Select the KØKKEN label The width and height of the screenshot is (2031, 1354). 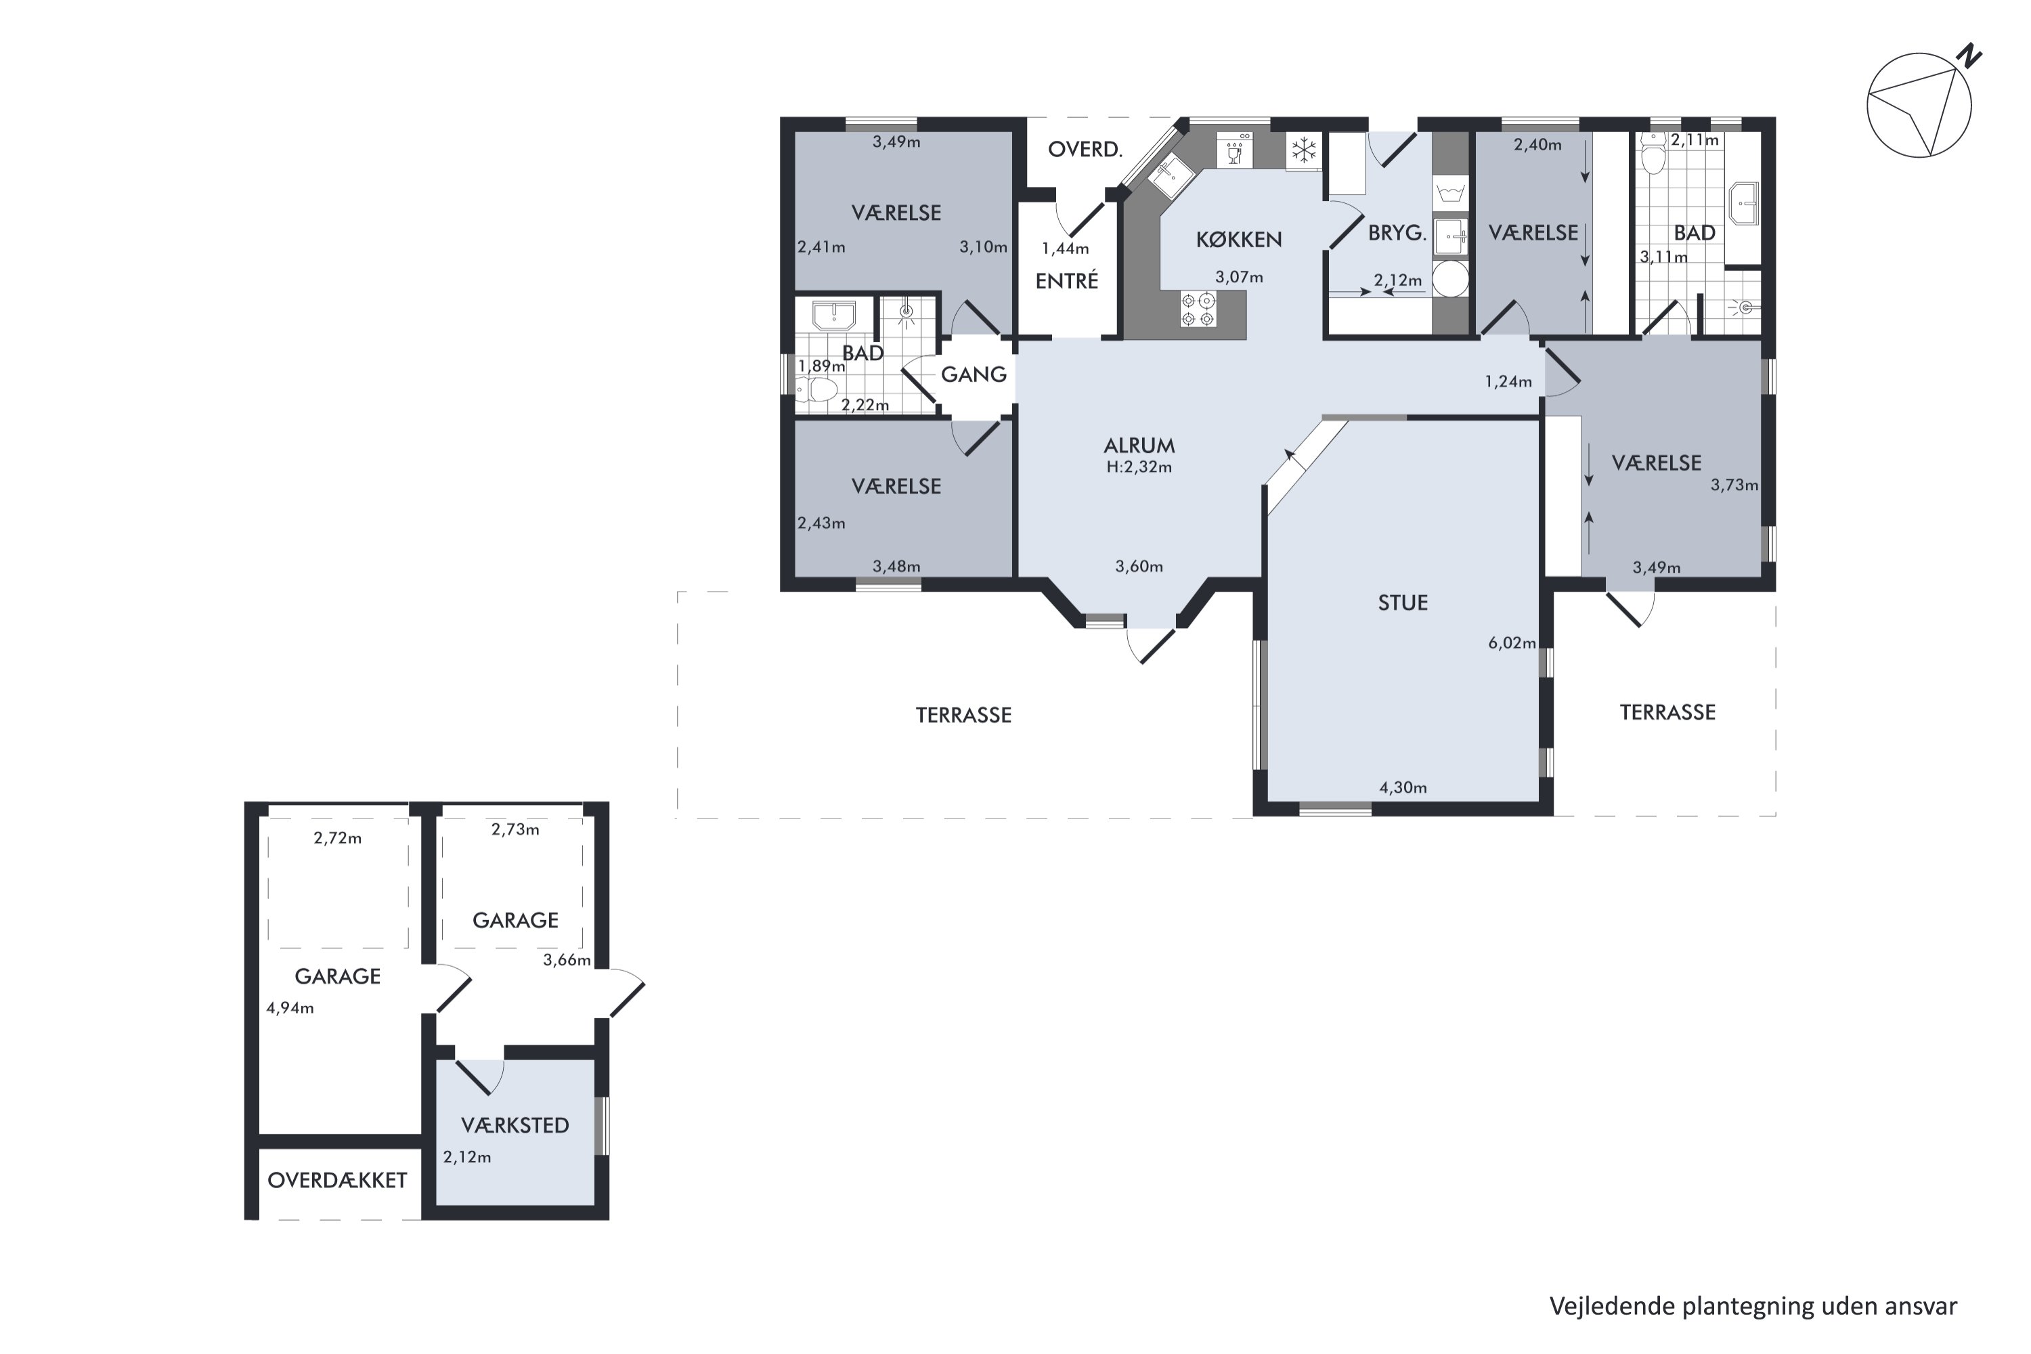tap(1238, 239)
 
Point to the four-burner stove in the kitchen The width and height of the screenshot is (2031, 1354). tap(1198, 309)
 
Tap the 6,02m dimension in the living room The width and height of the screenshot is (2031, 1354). tap(1512, 642)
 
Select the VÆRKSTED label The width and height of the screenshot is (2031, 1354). tap(515, 1125)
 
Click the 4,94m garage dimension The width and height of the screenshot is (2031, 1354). tap(290, 1008)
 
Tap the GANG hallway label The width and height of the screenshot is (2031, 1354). tap(974, 374)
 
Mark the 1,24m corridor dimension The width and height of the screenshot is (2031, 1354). tap(1508, 382)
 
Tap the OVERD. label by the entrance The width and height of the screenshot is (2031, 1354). tap(1085, 150)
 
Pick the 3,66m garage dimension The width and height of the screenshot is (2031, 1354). tap(567, 960)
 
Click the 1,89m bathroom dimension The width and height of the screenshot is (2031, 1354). tap(821, 366)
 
